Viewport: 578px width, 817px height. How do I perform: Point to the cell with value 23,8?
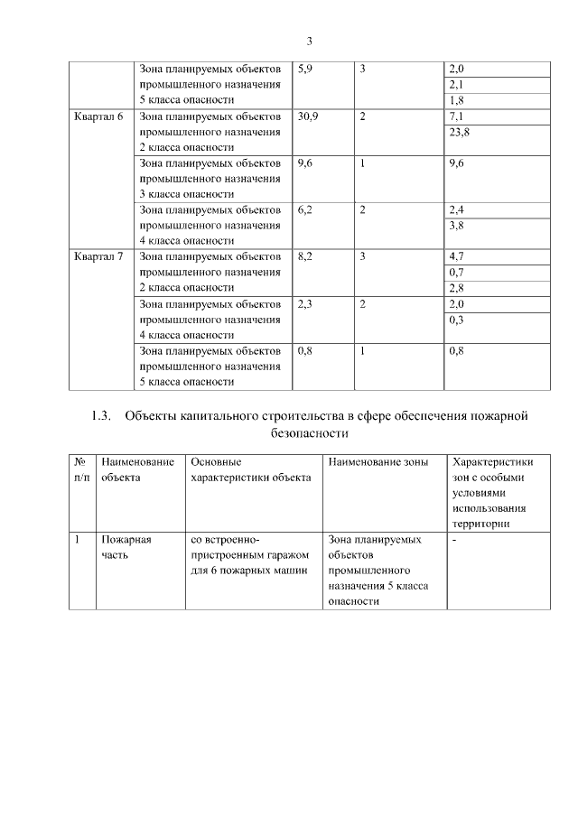click(x=459, y=132)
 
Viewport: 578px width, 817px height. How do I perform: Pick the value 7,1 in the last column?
click(x=456, y=116)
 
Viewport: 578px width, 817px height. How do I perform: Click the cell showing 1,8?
click(x=456, y=100)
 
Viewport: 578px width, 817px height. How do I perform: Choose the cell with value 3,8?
click(x=456, y=226)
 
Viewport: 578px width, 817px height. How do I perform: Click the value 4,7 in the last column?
click(x=456, y=257)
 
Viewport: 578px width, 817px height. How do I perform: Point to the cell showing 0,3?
click(x=456, y=320)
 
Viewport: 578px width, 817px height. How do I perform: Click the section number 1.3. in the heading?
click(x=100, y=416)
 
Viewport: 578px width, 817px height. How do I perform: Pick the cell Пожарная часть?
click(x=126, y=547)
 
